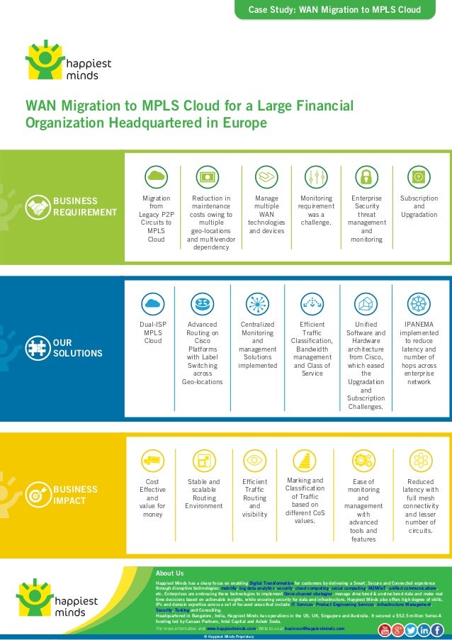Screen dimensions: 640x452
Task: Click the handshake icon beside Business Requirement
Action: point(38,206)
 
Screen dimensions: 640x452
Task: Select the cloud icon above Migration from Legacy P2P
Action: point(155,177)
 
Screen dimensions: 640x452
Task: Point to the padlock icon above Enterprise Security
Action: point(366,177)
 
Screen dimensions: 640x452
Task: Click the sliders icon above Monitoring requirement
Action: point(315,177)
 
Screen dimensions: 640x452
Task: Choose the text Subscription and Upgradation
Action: point(419,206)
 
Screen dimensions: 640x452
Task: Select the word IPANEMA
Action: point(419,325)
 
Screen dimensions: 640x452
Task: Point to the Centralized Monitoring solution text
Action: point(257,345)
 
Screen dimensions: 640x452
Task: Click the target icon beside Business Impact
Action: point(38,495)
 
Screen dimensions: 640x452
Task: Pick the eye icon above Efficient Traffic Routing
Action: point(254,461)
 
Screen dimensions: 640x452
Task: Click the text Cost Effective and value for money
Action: point(152,498)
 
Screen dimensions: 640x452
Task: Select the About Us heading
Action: point(169,573)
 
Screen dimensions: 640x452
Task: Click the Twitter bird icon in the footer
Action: point(411,630)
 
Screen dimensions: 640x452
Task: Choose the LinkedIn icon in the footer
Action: point(424,630)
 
